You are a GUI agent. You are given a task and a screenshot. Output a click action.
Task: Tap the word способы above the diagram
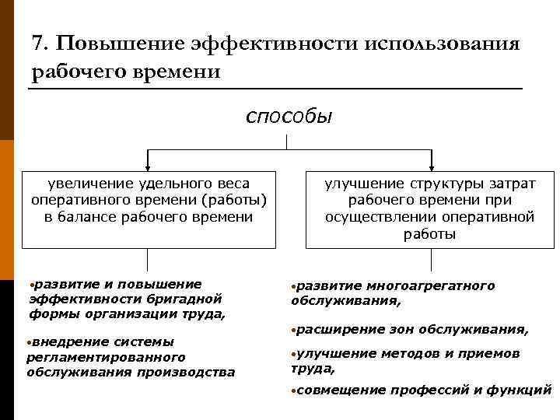(x=288, y=117)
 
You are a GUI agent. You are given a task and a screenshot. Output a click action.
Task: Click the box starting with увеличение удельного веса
(x=149, y=208)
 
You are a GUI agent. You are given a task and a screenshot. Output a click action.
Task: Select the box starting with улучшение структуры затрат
(x=430, y=208)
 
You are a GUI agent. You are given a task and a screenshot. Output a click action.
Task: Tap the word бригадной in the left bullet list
(x=187, y=299)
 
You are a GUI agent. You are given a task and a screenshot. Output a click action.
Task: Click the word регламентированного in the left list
(x=106, y=357)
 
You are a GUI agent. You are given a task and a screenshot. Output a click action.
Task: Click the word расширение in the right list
(x=334, y=330)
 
